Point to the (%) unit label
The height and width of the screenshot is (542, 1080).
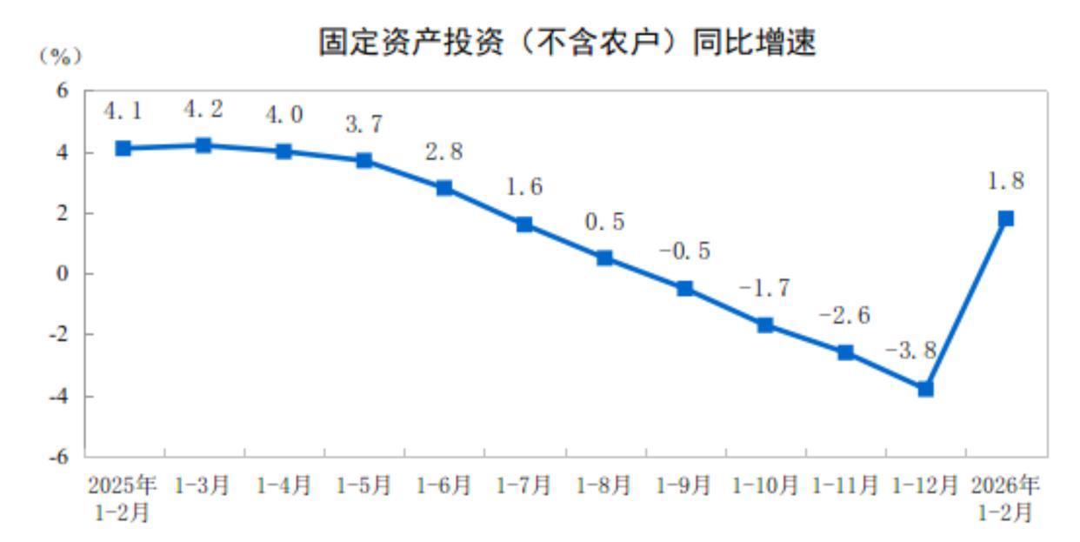59,57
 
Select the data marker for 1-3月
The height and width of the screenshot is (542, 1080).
203,145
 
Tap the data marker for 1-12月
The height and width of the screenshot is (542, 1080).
925,389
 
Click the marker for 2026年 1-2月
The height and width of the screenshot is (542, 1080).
1006,218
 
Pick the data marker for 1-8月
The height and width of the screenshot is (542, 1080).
604,258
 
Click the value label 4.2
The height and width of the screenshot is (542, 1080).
203,110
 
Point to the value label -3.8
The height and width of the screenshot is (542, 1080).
911,351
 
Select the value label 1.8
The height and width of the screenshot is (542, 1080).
1006,182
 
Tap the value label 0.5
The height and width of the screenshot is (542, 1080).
604,222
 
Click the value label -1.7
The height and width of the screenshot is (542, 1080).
765,289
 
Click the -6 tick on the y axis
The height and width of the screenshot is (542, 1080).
61,457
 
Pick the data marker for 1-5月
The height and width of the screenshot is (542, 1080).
364,160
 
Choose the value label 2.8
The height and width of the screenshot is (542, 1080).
443,152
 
